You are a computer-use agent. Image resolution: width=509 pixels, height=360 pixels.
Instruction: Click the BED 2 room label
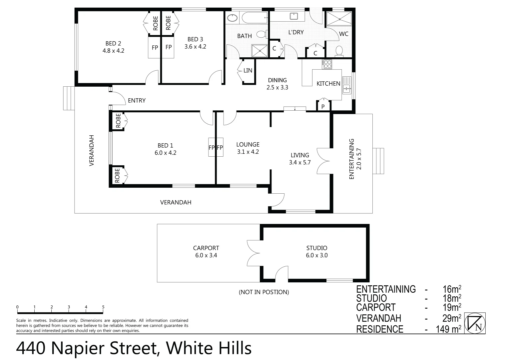(x=113, y=43)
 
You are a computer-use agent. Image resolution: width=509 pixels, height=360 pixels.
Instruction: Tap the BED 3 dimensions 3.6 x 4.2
(x=195, y=47)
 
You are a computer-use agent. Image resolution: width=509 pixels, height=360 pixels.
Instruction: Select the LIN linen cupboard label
(x=248, y=71)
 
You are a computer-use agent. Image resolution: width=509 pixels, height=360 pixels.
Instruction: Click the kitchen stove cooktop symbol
(x=327, y=64)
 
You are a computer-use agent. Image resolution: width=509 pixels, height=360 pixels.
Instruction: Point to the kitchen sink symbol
(x=346, y=85)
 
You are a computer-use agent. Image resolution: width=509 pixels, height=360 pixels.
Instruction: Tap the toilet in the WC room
(x=339, y=51)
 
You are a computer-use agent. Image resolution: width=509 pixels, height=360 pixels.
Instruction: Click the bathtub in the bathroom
(x=254, y=18)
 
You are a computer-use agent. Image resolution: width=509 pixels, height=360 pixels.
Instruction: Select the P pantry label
(x=323, y=107)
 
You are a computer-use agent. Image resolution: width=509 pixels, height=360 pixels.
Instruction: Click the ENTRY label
(x=137, y=100)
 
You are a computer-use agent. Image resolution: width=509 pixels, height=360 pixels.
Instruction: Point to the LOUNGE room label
(x=248, y=144)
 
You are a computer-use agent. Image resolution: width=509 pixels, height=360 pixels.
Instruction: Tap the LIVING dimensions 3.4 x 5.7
(x=300, y=163)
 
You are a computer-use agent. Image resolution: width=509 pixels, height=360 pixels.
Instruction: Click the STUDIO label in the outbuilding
(x=317, y=248)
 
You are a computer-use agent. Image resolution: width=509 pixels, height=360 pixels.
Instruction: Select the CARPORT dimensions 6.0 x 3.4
(x=206, y=255)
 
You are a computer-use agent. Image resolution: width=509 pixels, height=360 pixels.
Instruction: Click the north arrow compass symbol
(x=475, y=323)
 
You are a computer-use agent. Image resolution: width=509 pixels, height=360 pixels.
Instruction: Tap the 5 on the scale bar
(x=103, y=307)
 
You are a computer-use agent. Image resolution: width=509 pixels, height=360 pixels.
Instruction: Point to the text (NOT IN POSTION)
(x=264, y=292)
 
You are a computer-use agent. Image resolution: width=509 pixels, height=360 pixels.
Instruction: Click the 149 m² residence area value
(x=448, y=329)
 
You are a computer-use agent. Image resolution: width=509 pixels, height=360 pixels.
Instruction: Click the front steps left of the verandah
(x=68, y=98)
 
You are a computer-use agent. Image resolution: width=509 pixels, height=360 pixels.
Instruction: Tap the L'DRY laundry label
(x=296, y=32)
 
